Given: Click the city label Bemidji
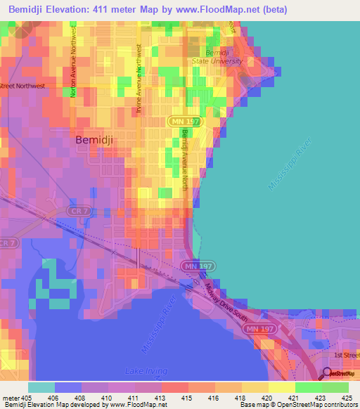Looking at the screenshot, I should [94, 140].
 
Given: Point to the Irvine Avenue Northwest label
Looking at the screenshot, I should [139, 78].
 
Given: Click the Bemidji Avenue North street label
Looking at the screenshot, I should [185, 154].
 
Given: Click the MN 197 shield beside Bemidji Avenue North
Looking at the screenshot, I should [180, 122].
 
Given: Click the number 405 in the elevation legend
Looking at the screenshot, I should [27, 398].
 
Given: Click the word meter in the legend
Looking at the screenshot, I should [11, 398].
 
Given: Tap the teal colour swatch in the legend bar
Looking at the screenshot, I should [41, 387].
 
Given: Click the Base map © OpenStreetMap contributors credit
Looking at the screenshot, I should [297, 405].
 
